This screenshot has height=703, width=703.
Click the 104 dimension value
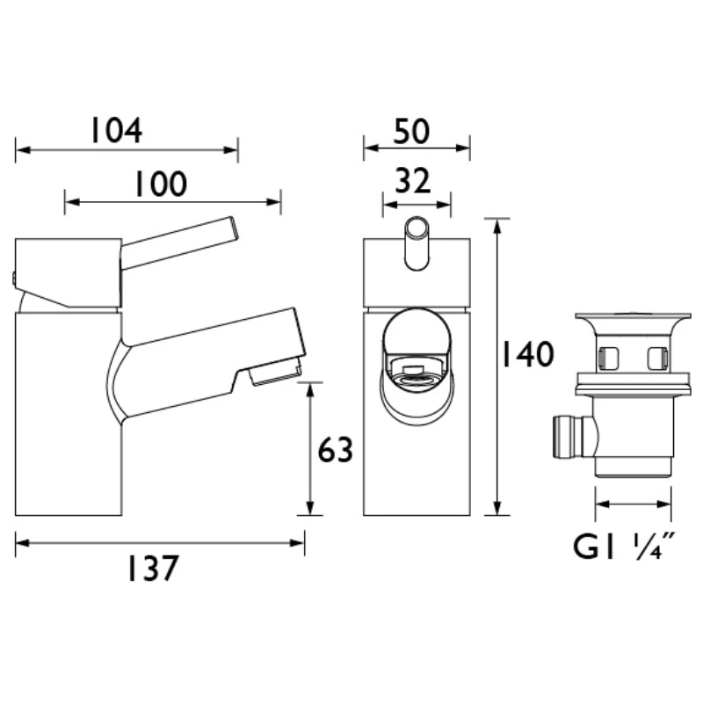coord(117,130)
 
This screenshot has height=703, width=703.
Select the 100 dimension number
coord(161,184)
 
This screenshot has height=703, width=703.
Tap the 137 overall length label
coord(153,568)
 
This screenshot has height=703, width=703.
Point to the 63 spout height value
coord(335,449)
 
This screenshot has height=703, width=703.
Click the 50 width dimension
coord(411,131)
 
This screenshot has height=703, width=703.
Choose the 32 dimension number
coord(412,181)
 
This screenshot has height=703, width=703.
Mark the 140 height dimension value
coord(527,354)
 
